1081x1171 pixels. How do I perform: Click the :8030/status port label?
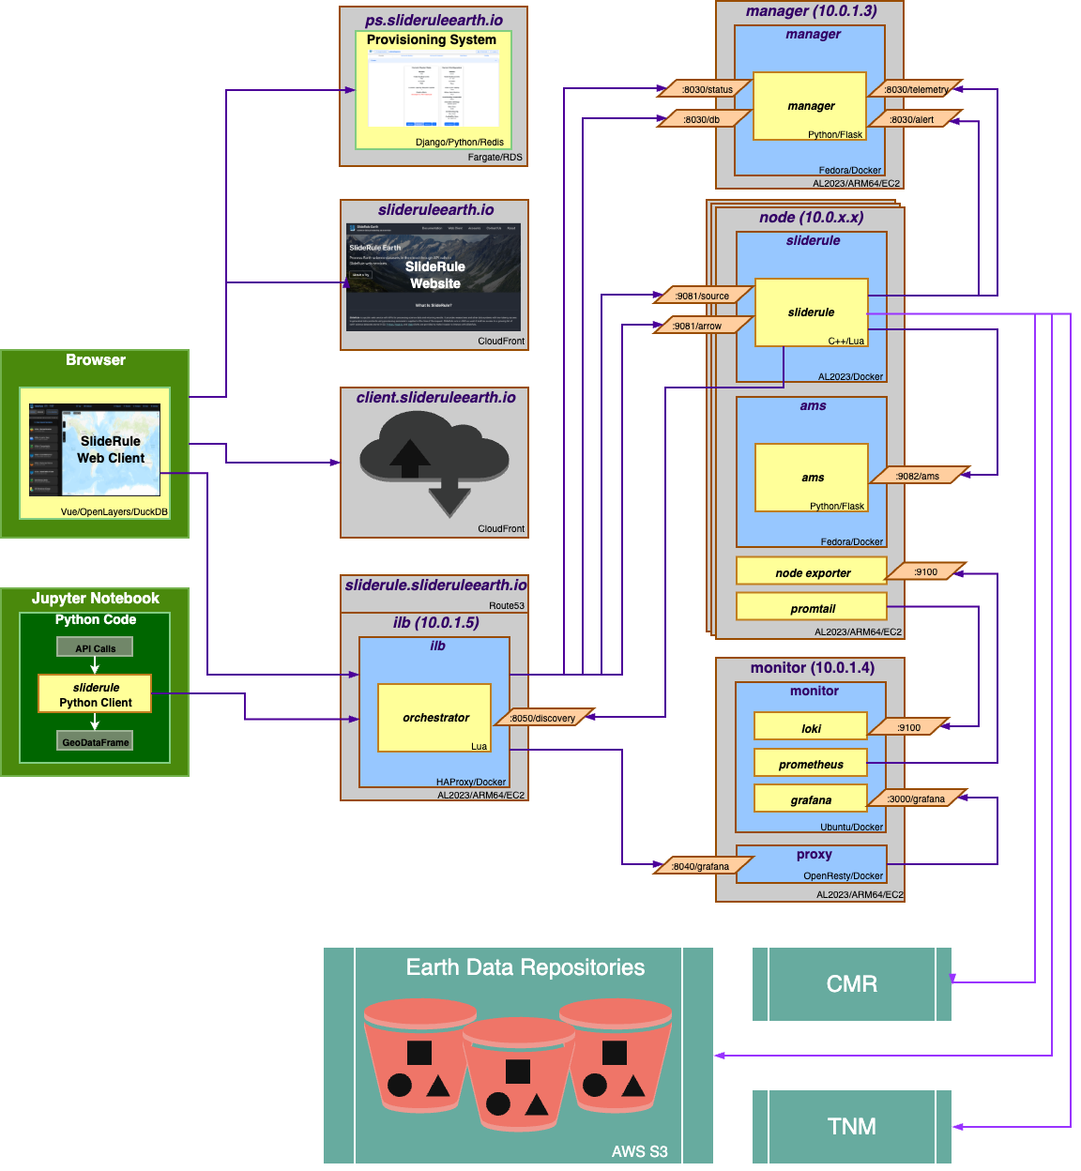tap(707, 89)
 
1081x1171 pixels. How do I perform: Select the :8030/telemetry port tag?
tap(916, 89)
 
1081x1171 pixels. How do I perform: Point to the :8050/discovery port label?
tap(542, 718)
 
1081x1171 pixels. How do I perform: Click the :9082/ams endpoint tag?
tap(917, 476)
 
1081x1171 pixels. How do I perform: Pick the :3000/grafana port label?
tap(915, 798)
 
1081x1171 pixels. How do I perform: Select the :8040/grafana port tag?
tap(699, 866)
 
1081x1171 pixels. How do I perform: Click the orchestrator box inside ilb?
tap(434, 718)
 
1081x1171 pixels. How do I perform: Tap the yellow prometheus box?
tap(810, 764)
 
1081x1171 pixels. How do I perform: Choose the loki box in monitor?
tap(810, 727)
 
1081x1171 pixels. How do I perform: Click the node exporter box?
tap(812, 571)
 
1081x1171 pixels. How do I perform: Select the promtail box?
tap(812, 608)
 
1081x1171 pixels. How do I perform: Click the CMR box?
tap(851, 983)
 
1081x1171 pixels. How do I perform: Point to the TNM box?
tap(851, 1126)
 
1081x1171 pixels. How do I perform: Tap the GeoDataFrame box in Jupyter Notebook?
tap(95, 741)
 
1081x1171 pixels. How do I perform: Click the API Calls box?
tap(95, 647)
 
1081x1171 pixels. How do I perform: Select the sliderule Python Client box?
tap(95, 694)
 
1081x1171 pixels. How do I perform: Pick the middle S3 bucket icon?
tap(518, 1074)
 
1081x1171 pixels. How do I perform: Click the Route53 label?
tap(506, 605)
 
